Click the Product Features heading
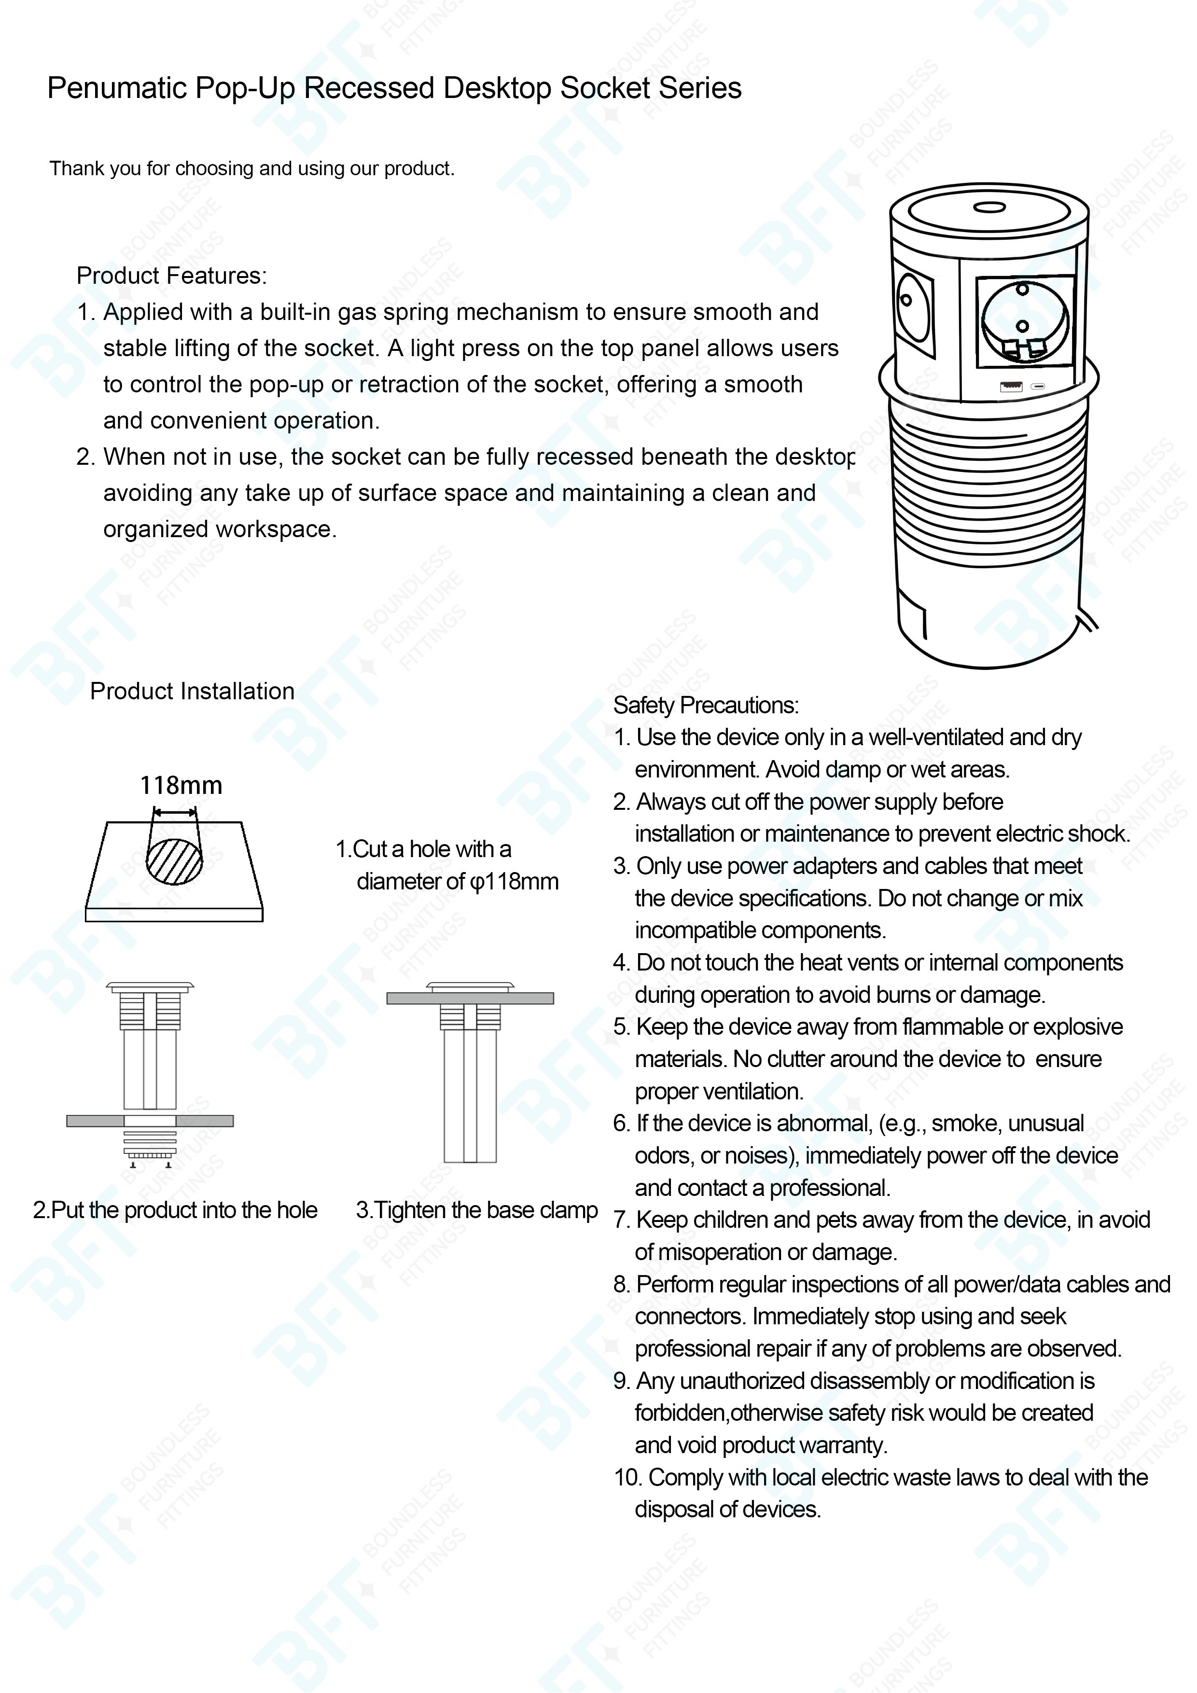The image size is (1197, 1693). [x=171, y=276]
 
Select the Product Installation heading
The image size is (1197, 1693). [x=192, y=692]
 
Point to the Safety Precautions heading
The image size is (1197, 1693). [x=705, y=706]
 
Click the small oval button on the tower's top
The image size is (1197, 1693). [x=988, y=207]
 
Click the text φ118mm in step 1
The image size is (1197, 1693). [x=514, y=882]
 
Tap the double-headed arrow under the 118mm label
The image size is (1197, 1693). [x=175, y=813]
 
